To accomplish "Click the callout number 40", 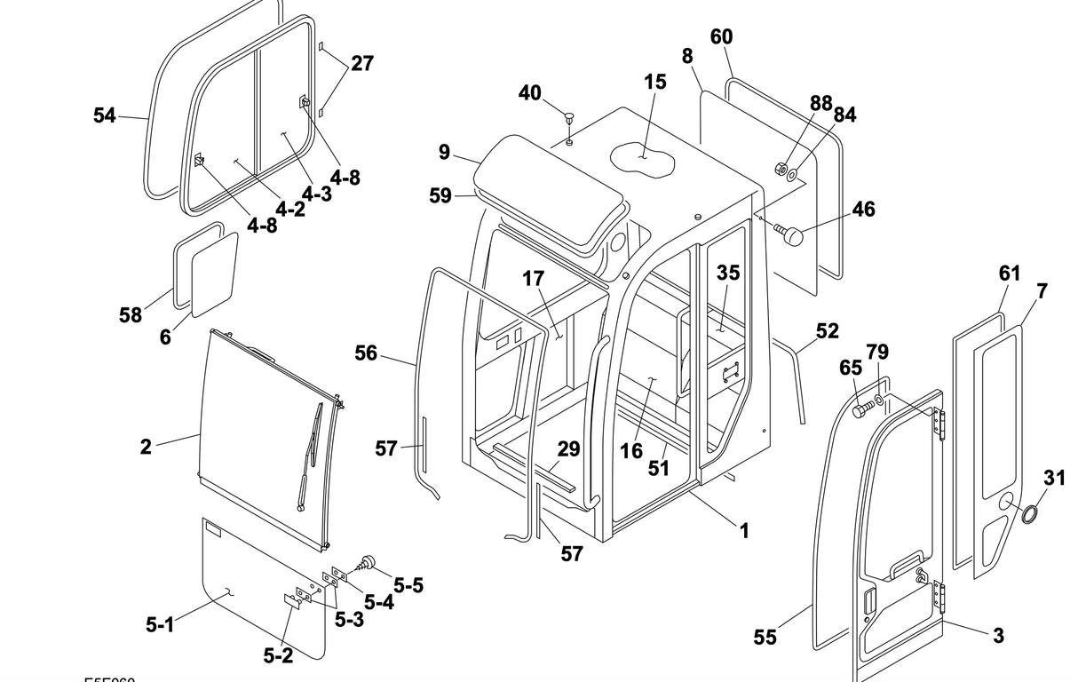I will [529, 92].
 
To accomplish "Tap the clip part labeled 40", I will [569, 116].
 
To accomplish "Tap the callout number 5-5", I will [408, 585].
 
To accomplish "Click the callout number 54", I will [105, 115].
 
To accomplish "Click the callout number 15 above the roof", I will [654, 82].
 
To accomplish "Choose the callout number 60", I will [721, 36].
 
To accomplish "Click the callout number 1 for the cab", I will [744, 531].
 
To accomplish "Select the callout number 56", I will [366, 353].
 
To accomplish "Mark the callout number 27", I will [361, 63].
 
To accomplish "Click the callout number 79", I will [876, 353].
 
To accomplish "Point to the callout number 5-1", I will [160, 624].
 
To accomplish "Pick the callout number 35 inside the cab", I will [728, 273].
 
